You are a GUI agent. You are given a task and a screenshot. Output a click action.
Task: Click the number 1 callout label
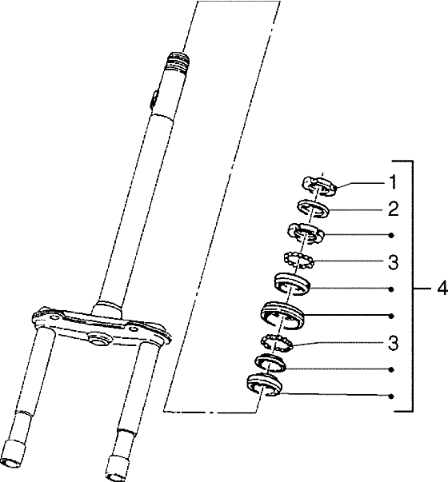393,182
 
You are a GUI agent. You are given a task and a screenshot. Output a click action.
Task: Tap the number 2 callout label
394,209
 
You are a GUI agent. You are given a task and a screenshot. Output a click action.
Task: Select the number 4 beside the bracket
442,289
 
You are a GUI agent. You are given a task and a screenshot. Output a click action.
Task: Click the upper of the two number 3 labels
394,262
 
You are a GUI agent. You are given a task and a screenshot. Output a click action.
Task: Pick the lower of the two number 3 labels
394,343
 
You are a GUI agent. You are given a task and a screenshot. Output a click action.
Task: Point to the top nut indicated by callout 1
318,185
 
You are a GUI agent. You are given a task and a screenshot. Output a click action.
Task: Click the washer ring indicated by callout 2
314,209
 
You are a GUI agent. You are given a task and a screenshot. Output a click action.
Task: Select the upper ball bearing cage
298,260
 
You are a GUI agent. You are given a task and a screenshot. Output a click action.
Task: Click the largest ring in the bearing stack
282,315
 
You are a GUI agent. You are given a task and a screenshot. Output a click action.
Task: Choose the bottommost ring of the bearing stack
264,384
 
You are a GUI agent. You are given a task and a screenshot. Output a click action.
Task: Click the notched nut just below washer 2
306,234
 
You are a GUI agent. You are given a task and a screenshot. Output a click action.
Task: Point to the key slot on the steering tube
154,98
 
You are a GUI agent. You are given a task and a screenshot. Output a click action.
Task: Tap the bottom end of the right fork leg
117,468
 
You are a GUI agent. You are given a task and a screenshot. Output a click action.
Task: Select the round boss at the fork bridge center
98,340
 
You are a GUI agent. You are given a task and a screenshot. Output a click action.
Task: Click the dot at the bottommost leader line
391,396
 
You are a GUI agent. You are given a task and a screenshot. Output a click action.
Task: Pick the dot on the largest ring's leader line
391,316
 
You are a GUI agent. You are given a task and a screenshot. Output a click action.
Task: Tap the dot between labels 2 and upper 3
391,236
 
